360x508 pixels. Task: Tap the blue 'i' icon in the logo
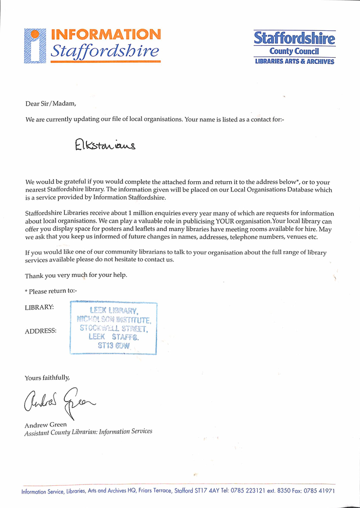click(x=35, y=46)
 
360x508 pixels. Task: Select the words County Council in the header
click(x=294, y=51)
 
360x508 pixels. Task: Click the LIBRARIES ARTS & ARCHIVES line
click(x=294, y=62)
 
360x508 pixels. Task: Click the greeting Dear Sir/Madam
click(x=50, y=103)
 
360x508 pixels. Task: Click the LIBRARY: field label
click(x=39, y=307)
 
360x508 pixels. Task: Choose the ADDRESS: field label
click(x=41, y=331)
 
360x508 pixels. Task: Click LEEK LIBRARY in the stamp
click(x=114, y=310)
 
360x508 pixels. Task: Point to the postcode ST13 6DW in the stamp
click(x=114, y=346)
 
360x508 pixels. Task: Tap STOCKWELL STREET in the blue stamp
click(x=114, y=328)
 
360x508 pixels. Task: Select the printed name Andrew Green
click(x=46, y=425)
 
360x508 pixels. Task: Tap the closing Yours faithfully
click(x=47, y=378)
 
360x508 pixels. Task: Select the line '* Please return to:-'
click(x=50, y=291)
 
